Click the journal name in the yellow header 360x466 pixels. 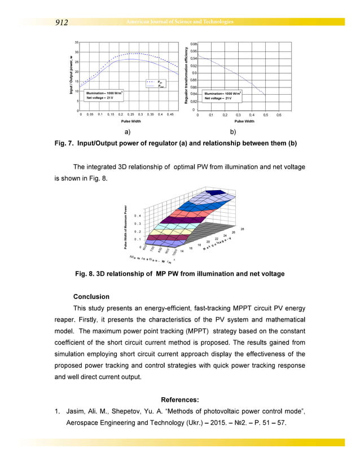(179, 22)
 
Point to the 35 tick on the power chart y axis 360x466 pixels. (77, 43)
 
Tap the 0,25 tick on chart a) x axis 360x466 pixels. (131, 114)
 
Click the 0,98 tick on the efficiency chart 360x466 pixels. (194, 43)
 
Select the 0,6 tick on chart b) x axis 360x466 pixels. (279, 115)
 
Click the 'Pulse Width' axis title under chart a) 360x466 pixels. (131, 121)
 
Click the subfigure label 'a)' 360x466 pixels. (127, 132)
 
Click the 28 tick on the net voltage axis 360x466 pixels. (242, 228)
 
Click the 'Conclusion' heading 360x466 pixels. (91, 296)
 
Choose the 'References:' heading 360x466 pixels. (179, 400)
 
